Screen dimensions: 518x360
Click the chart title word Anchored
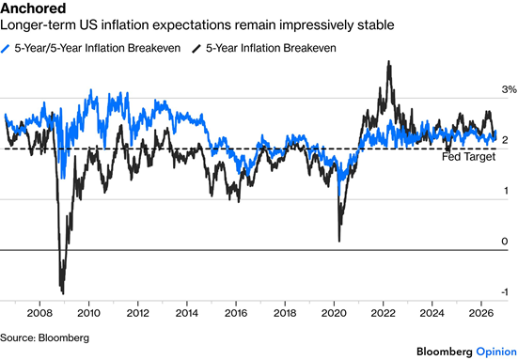click(33, 8)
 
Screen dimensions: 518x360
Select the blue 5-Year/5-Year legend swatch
click(6, 49)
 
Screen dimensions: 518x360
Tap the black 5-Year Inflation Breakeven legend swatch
click(196, 49)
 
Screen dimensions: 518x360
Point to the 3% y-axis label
click(509, 89)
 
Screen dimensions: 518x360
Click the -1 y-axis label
click(505, 292)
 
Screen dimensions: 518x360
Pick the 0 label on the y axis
click(505, 242)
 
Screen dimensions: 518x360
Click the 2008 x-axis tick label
click(39, 313)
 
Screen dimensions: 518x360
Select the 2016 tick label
click(236, 313)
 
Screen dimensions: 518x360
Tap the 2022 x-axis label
click(383, 313)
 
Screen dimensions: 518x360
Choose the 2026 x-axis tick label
click(481, 313)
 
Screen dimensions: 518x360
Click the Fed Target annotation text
click(469, 157)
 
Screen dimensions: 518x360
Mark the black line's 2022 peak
click(389, 61)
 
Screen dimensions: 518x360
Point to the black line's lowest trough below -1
click(63, 293)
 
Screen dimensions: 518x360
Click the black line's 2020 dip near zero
click(339, 242)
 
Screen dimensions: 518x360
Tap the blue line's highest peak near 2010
click(91, 90)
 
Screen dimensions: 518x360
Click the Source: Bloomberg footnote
click(44, 337)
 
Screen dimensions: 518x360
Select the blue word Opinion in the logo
click(496, 352)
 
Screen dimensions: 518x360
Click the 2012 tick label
click(138, 313)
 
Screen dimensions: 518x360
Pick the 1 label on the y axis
click(506, 191)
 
